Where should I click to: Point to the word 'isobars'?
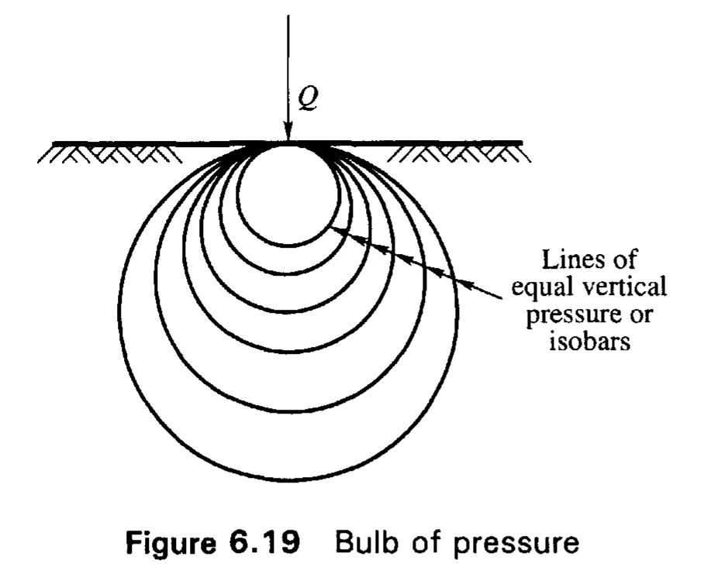[x=589, y=342]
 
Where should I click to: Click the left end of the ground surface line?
[x=54, y=143]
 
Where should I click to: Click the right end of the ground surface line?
[x=521, y=143]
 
